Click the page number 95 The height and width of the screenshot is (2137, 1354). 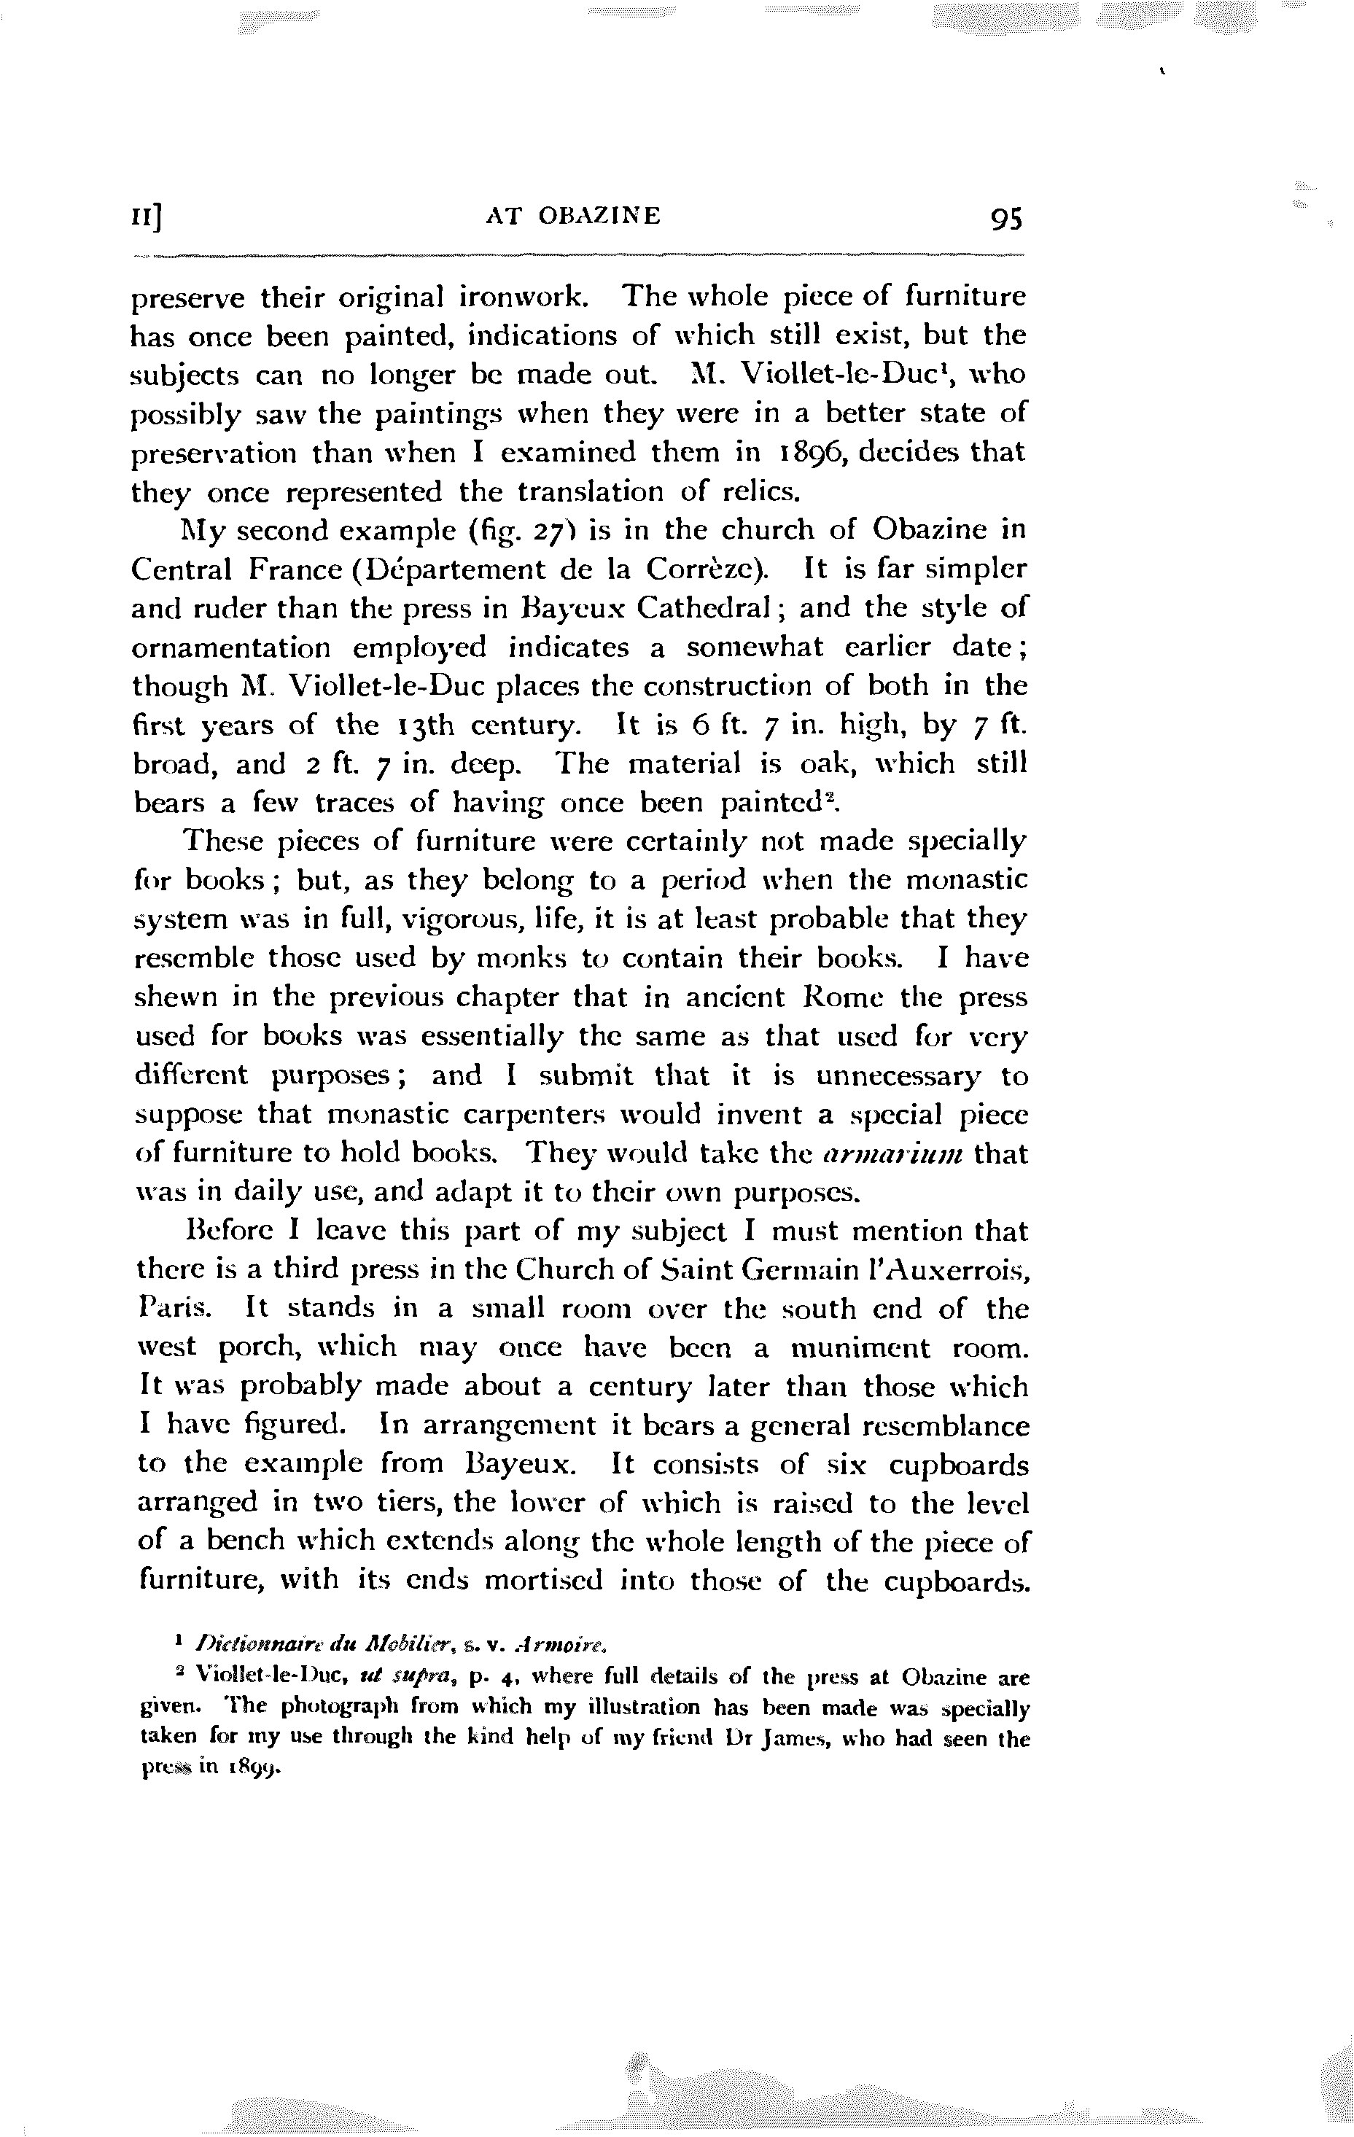[x=1003, y=217]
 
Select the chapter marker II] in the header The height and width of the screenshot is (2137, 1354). [x=148, y=217]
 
